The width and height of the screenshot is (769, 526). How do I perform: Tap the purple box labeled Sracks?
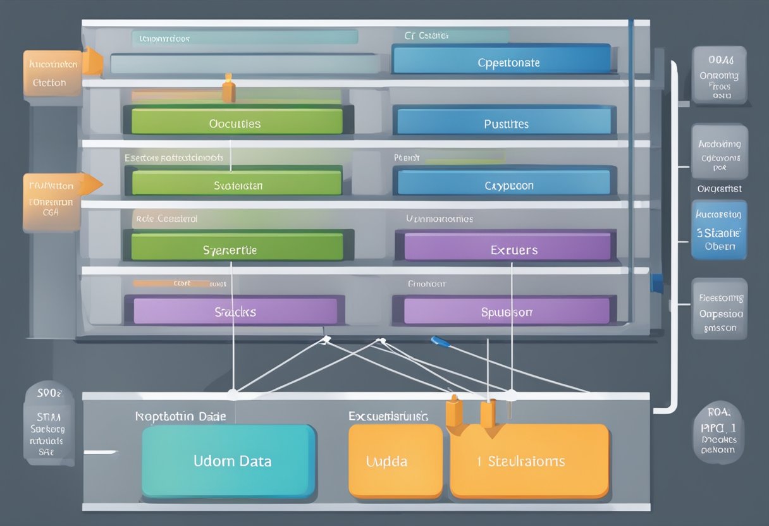(235, 311)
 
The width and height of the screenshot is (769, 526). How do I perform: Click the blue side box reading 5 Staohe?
(719, 231)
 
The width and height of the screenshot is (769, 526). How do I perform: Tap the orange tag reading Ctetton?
(52, 73)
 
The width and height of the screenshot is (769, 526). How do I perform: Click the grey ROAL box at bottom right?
(719, 431)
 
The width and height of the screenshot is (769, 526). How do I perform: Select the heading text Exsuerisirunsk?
(388, 417)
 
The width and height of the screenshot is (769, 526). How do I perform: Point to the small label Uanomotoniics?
(439, 219)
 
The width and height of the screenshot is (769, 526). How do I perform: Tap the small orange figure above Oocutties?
(228, 88)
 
